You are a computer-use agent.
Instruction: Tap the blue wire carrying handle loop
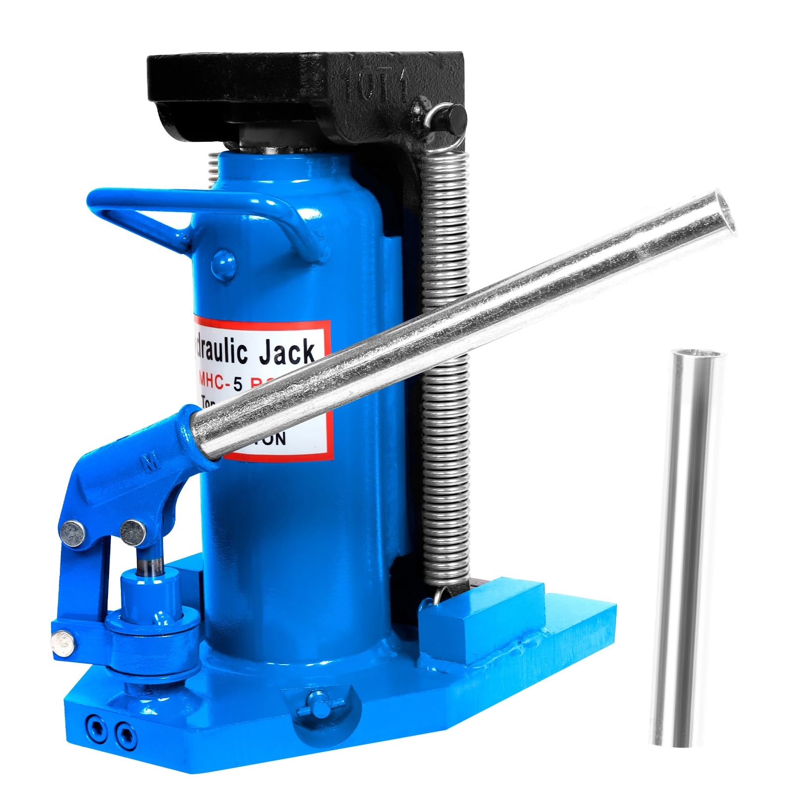(198, 216)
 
